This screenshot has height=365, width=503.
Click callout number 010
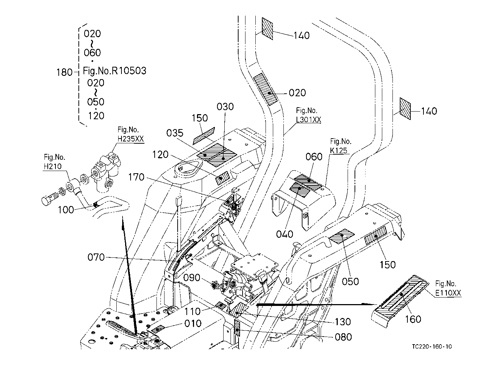pyautogui.click(x=193, y=323)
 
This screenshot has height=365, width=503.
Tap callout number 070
pyautogui.click(x=96, y=257)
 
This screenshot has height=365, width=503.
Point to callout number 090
pyautogui.click(x=192, y=278)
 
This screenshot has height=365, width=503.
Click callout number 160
pyautogui.click(x=413, y=319)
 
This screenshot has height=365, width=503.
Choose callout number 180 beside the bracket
pyautogui.click(x=65, y=72)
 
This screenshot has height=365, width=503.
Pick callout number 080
pyautogui.click(x=343, y=337)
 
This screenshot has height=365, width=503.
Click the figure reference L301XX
pyautogui.click(x=309, y=119)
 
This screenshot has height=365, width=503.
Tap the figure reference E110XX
pyautogui.click(x=448, y=292)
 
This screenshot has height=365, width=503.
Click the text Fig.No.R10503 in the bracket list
pyautogui.click(x=115, y=70)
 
